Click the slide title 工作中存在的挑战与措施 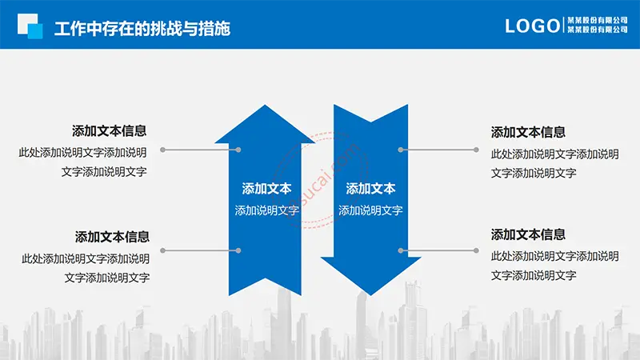(142, 29)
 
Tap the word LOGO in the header (533, 26)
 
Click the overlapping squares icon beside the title (30, 26)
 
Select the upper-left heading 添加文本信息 (110, 131)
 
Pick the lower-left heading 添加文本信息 (112, 237)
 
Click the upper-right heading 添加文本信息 (528, 132)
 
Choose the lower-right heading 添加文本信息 (528, 234)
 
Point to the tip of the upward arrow (265, 106)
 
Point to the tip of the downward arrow (370, 294)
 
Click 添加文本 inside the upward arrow (266, 189)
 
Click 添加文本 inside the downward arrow (370, 189)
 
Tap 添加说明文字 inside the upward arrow (267, 210)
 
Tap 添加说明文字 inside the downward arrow (370, 210)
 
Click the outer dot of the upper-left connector (163, 150)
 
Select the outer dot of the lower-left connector (163, 250)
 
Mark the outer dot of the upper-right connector (476, 150)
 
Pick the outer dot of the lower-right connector (476, 250)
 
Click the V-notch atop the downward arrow (370, 122)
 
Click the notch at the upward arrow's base (266, 278)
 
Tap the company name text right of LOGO (598, 25)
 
